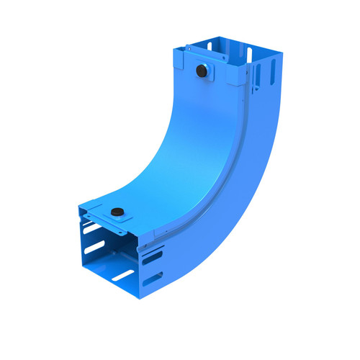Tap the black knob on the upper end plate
click(202, 71)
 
